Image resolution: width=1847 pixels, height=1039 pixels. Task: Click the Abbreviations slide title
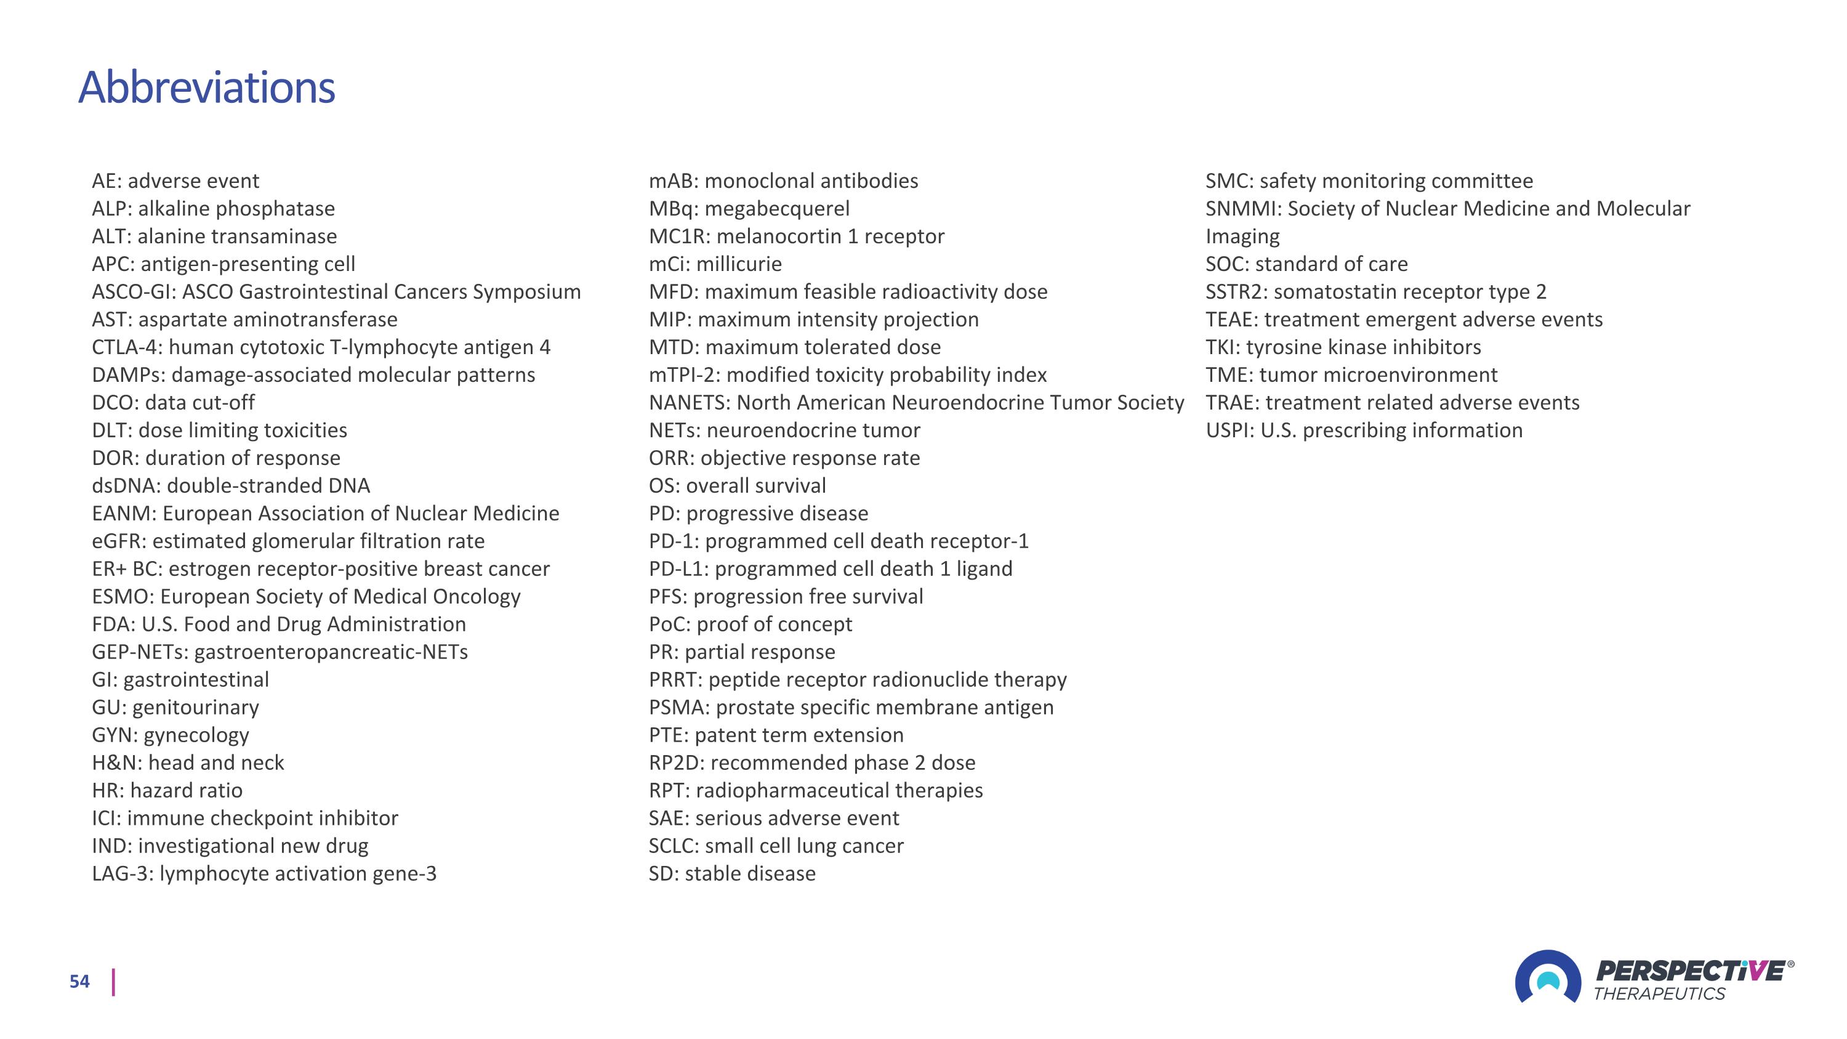pyautogui.click(x=206, y=87)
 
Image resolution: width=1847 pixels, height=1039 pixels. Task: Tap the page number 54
pyautogui.click(x=79, y=982)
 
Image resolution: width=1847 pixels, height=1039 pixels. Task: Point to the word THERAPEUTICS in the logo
pyautogui.click(x=1659, y=994)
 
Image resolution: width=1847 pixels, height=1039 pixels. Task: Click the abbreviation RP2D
pyautogui.click(x=675, y=763)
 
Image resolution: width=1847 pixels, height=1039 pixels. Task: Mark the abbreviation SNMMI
pyautogui.click(x=1242, y=209)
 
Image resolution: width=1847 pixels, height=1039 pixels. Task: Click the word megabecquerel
pyautogui.click(x=776, y=209)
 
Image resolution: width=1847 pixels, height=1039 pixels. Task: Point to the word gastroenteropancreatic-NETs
pyautogui.click(x=331, y=652)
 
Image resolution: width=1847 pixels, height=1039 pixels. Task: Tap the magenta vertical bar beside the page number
pyautogui.click(x=113, y=982)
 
